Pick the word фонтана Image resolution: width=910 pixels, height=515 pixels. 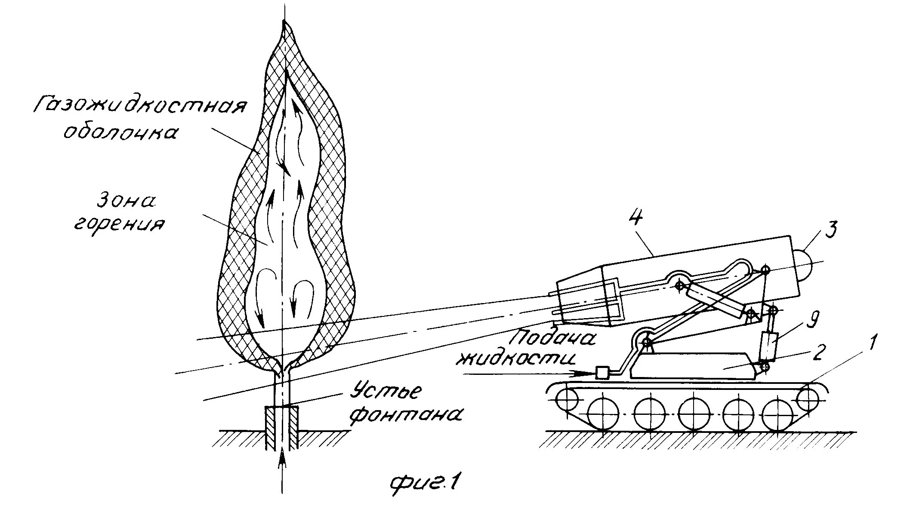406,416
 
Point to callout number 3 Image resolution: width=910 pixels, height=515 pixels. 830,231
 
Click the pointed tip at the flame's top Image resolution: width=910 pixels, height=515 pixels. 284,24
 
